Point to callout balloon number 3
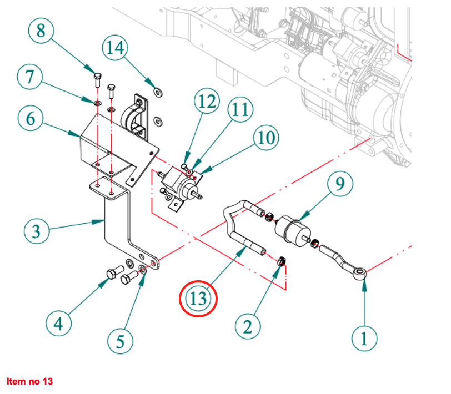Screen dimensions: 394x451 click(x=36, y=230)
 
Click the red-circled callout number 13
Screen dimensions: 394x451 click(x=198, y=299)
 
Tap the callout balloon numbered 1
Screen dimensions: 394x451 click(x=364, y=337)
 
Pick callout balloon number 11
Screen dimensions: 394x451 click(x=240, y=111)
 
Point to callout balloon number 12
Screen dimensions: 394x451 click(x=207, y=102)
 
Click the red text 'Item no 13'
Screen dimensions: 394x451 click(x=30, y=381)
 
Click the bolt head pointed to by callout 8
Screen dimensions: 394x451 click(x=98, y=76)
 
